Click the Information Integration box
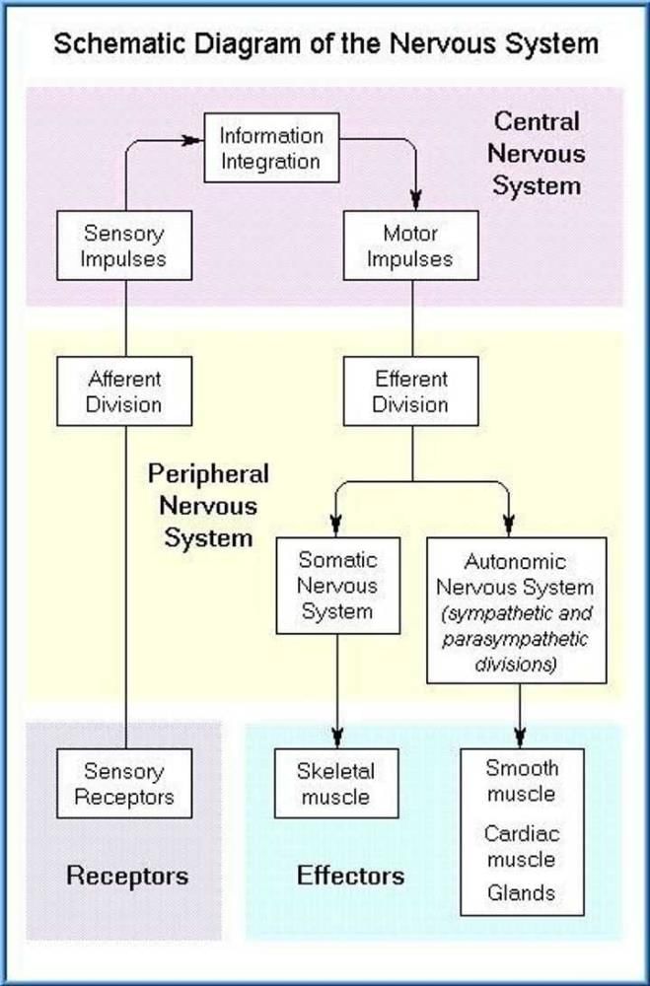click(271, 148)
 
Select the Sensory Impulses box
click(124, 246)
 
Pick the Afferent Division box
click(124, 391)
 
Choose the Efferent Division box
click(410, 391)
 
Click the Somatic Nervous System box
click(338, 585)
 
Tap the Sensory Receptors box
click(124, 783)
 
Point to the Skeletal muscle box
click(335, 783)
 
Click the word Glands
click(521, 893)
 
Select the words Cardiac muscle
click(521, 846)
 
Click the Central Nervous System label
click(536, 154)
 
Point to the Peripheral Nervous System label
click(208, 506)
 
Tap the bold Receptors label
click(127, 875)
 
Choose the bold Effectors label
click(350, 875)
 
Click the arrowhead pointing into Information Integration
click(195, 140)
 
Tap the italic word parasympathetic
click(515, 639)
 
